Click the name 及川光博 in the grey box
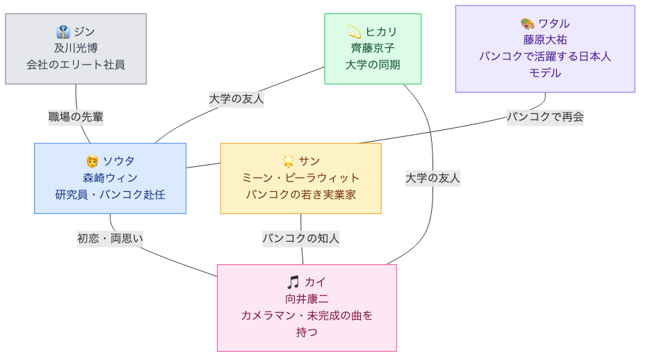click(76, 48)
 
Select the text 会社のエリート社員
click(76, 65)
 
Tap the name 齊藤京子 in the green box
click(373, 48)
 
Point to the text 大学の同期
click(373, 65)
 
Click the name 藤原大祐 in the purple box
click(545, 40)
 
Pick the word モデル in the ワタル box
click(545, 73)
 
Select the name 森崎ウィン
click(111, 178)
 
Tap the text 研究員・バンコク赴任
click(111, 195)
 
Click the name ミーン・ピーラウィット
click(301, 178)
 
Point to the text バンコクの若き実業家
click(301, 195)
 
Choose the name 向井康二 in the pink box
click(307, 299)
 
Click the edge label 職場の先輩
click(76, 117)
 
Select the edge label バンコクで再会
click(545, 117)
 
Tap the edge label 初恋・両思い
click(110, 239)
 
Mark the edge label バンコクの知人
click(300, 239)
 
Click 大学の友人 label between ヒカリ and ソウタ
click(236, 99)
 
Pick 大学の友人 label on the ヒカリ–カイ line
click(433, 178)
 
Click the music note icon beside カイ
click(293, 282)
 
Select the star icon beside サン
click(289, 161)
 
